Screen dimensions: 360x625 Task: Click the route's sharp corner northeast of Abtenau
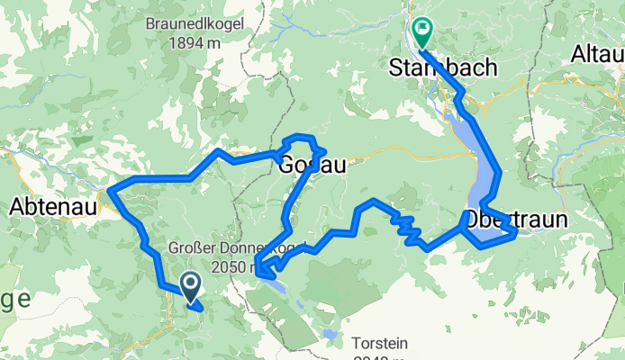(111, 189)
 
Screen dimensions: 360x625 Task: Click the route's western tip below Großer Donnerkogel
(257, 266)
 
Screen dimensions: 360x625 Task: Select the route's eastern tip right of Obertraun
(515, 234)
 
